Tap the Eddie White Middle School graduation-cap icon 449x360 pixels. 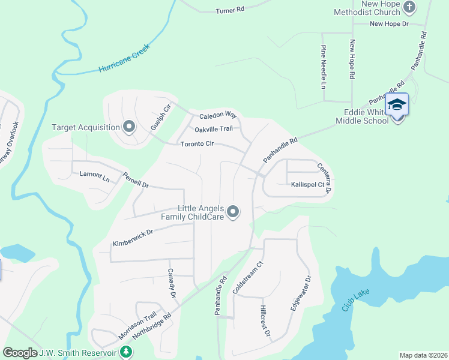397,106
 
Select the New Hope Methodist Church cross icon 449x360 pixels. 409,8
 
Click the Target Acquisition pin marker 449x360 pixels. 128,127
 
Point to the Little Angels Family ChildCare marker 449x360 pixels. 234,212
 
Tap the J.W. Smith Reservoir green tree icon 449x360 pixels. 126,352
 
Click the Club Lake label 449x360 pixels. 355,300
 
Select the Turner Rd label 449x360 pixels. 231,10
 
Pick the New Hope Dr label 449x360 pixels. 388,24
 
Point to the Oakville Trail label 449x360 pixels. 213,129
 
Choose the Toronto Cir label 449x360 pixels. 197,144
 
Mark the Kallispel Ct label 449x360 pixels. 307,185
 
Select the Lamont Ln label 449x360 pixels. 95,177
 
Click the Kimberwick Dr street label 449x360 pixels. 133,238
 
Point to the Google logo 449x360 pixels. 20,353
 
